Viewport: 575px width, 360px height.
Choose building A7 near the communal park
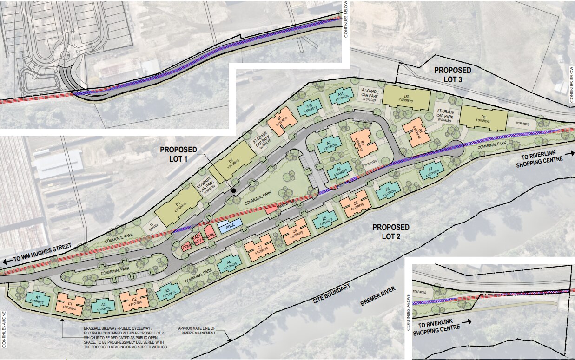[431, 171]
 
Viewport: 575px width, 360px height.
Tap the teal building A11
[340, 96]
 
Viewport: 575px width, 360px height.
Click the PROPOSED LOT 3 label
[452, 74]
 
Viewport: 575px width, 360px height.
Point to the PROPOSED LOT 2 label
[391, 231]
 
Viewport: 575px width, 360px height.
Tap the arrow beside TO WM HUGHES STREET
[7, 262]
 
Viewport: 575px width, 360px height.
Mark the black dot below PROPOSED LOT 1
[234, 190]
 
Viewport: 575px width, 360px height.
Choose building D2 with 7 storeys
[231, 165]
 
